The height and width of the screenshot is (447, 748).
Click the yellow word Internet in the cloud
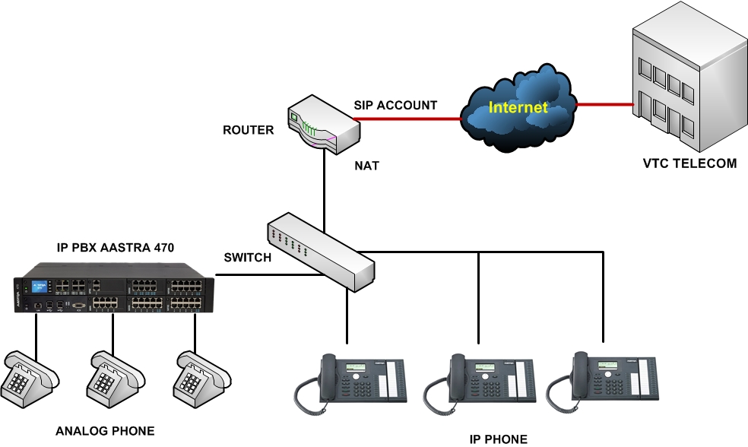[x=518, y=107]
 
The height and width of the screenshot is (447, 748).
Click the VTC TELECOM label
[x=689, y=163]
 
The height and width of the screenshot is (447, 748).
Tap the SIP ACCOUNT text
[x=395, y=106]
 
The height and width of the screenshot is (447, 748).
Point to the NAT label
[x=366, y=165]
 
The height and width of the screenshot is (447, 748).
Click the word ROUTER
[x=248, y=130]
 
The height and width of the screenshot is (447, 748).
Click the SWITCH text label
[x=247, y=258]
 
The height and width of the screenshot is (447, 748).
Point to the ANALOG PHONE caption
[x=105, y=431]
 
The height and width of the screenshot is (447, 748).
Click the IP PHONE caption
[x=498, y=439]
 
